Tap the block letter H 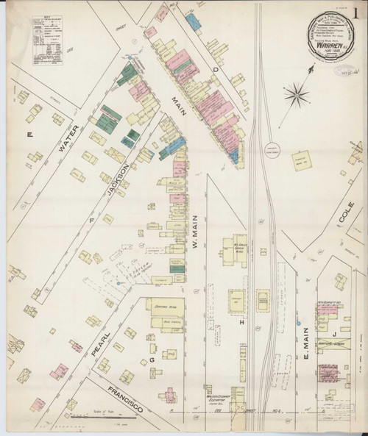tap(241, 321)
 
